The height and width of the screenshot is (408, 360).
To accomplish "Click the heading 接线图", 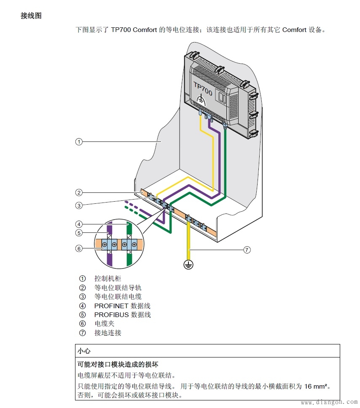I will [x=31, y=16].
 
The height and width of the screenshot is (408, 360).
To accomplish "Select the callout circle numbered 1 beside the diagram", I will [x=79, y=141].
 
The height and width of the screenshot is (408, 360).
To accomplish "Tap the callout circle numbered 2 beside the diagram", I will [x=79, y=193].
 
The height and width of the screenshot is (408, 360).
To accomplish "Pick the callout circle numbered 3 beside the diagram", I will [x=79, y=205].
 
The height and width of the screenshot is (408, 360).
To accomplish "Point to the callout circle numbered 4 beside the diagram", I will [x=79, y=224].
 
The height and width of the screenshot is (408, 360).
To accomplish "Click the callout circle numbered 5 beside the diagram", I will [x=79, y=233].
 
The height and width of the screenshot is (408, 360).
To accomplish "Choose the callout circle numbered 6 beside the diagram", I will [x=79, y=248].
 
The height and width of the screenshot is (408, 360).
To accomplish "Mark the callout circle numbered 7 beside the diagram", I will [x=247, y=250].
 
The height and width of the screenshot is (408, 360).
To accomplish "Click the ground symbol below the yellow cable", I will [x=188, y=264].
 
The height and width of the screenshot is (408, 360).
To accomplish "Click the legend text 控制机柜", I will [x=107, y=278].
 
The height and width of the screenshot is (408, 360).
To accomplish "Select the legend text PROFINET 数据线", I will [x=122, y=306].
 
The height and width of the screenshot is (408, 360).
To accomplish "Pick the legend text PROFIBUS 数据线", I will [x=122, y=315].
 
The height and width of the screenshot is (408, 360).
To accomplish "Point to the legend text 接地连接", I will [x=107, y=333].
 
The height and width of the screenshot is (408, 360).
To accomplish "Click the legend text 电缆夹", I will [x=104, y=323].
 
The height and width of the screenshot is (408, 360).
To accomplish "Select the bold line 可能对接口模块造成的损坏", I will [x=118, y=364].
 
